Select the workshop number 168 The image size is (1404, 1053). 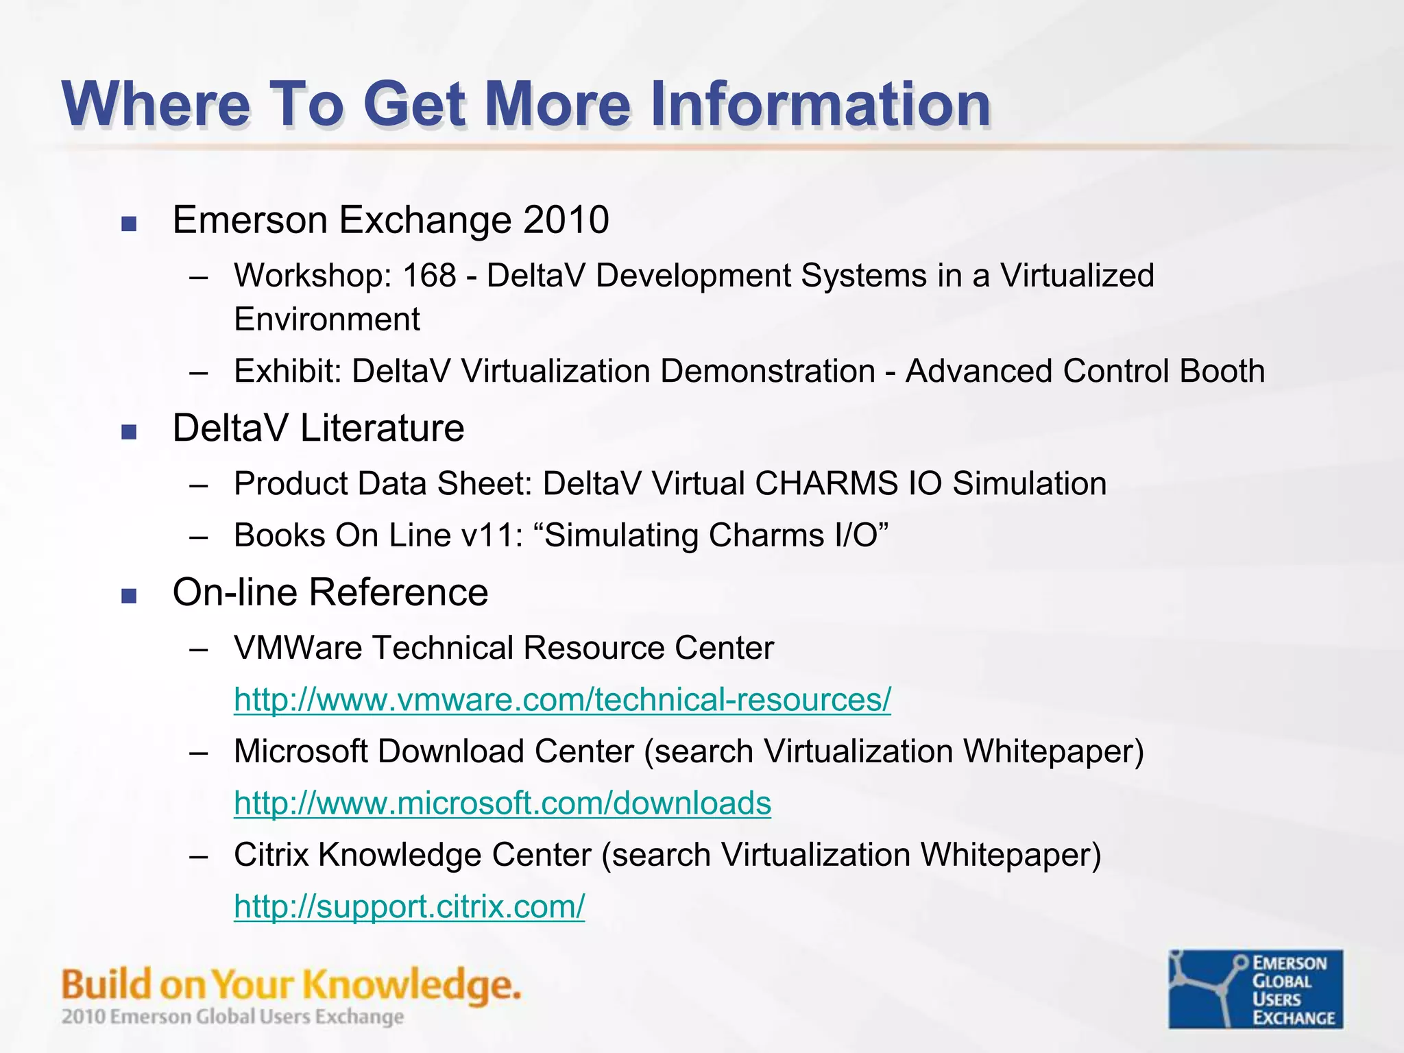[x=429, y=276]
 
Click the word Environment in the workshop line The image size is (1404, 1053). [x=326, y=319]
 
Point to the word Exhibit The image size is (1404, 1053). [x=287, y=371]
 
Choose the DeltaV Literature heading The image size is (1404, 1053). [x=318, y=428]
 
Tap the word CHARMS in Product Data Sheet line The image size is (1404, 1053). [x=826, y=483]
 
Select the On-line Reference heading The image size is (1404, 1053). [x=330, y=592]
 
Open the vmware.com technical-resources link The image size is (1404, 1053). [x=562, y=700]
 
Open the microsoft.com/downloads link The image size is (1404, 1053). [x=502, y=803]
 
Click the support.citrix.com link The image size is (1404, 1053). [x=409, y=907]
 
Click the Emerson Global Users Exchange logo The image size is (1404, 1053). [x=1255, y=989]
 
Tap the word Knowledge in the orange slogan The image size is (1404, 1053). [x=411, y=986]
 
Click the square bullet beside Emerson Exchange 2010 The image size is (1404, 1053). [x=129, y=223]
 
